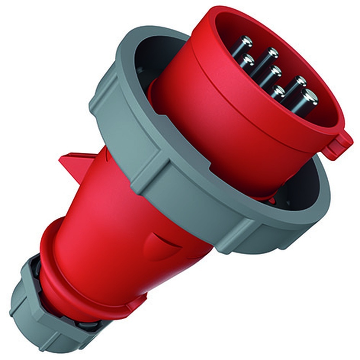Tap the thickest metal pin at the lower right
309,96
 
